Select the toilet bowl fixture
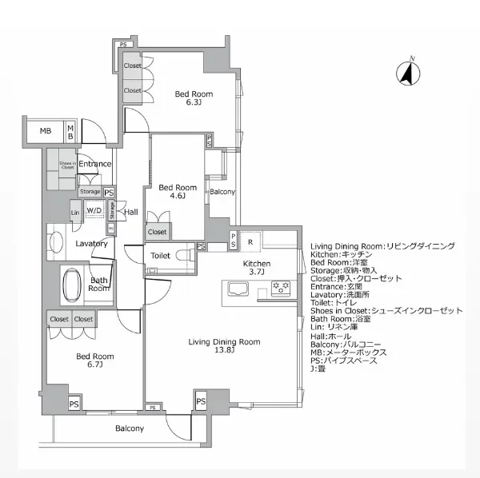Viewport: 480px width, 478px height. coord(186,256)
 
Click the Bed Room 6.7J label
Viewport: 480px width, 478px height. coord(94,360)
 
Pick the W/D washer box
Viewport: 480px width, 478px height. coord(94,211)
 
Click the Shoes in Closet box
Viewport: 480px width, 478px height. coord(66,165)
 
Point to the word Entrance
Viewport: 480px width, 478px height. coord(94,164)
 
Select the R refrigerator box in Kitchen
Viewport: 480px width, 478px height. coord(250,241)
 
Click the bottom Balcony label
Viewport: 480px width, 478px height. coord(129,429)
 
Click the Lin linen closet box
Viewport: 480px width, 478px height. coord(75,213)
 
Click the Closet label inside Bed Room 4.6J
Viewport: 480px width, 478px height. coord(157,232)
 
